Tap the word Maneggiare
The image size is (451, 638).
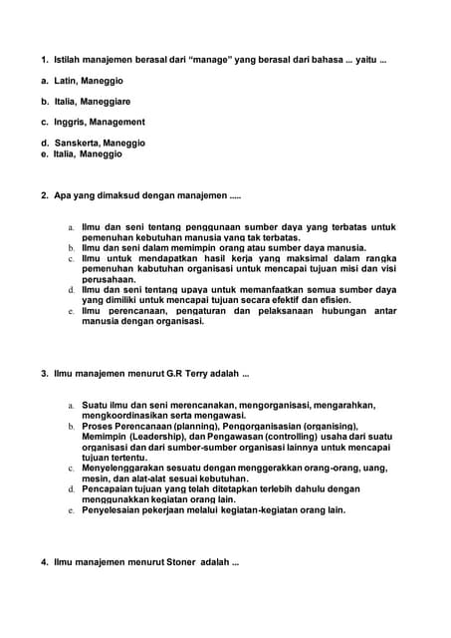106,102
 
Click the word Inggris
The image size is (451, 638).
70,122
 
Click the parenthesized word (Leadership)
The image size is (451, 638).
158,437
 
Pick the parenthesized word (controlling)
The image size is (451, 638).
289,437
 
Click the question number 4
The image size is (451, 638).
45,562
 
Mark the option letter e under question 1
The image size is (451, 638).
44,155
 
